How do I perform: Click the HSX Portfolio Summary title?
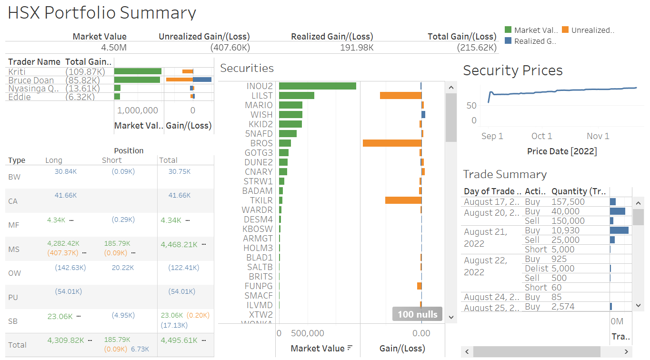point(102,13)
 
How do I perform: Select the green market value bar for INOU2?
point(317,86)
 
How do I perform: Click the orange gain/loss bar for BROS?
point(392,143)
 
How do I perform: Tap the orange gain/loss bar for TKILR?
point(403,200)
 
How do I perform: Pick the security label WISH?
point(261,115)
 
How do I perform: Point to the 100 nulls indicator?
point(418,314)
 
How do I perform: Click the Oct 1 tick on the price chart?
point(541,136)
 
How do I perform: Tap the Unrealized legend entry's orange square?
point(565,30)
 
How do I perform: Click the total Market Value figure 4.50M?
point(114,48)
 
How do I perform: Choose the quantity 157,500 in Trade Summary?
point(568,202)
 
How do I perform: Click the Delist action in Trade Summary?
point(536,269)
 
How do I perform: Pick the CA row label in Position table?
point(13,201)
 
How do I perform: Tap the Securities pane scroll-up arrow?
point(450,87)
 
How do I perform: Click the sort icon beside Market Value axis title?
point(350,348)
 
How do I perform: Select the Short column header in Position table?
point(111,160)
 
